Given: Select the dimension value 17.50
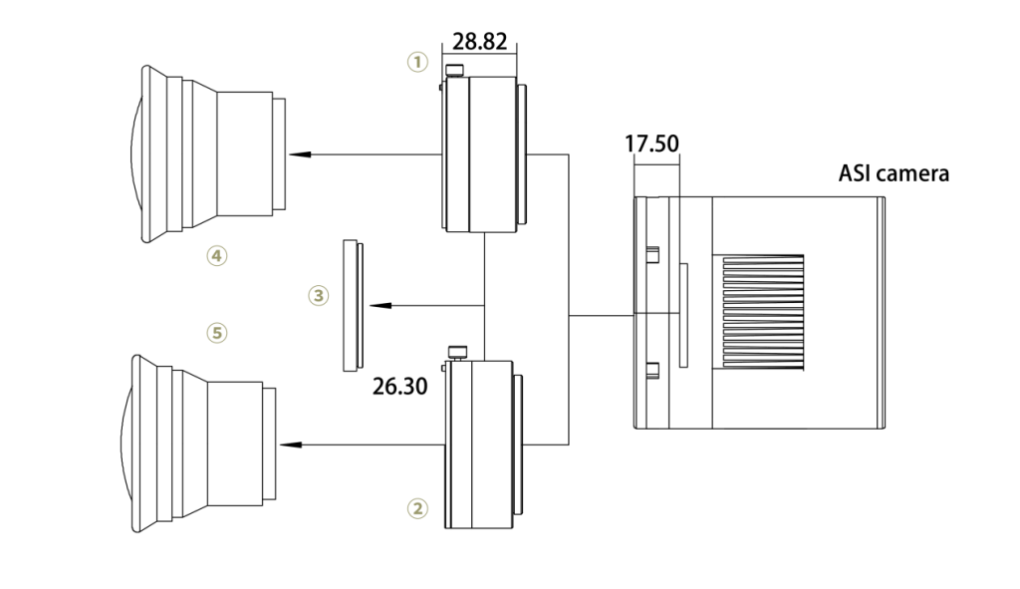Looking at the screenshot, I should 651,144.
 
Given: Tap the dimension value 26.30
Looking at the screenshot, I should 399,386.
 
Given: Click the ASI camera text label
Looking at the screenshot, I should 893,173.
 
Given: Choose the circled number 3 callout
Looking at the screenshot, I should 318,296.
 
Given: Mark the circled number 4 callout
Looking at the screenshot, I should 216,256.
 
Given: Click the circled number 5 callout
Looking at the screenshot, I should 216,332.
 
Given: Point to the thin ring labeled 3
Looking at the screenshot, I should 350,305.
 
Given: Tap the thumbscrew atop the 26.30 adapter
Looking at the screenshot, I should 459,351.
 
